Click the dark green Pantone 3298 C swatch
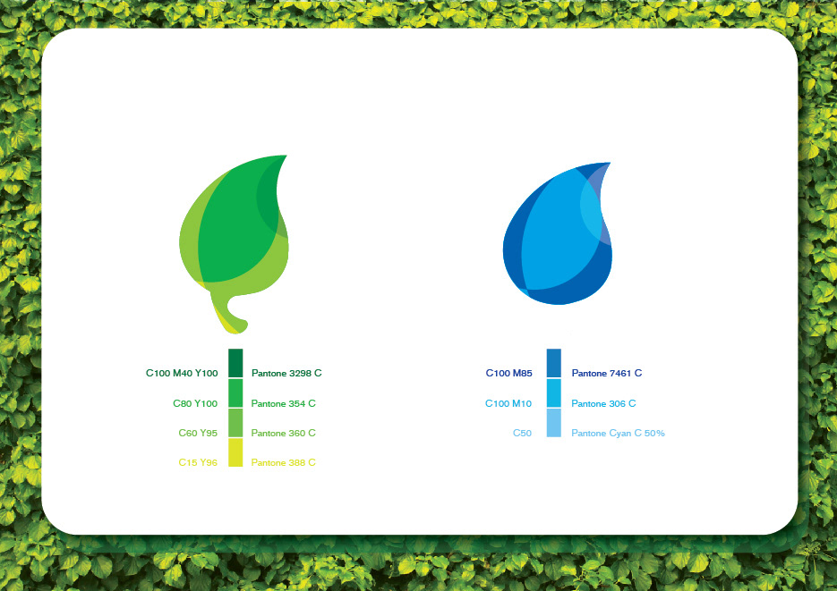click(x=235, y=363)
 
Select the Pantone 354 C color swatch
click(x=235, y=393)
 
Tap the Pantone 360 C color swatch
click(x=235, y=423)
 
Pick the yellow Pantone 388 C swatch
click(x=235, y=452)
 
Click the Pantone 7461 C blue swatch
click(x=554, y=363)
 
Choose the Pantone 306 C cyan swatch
click(x=554, y=393)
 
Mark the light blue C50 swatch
click(x=554, y=423)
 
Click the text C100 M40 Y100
click(x=182, y=373)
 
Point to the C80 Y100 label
click(x=195, y=403)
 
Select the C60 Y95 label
click(x=198, y=434)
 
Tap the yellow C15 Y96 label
click(x=198, y=462)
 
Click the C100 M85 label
click(x=508, y=373)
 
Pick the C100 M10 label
click(x=508, y=403)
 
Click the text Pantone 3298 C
click(x=286, y=373)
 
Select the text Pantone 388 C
click(x=284, y=462)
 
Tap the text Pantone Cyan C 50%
click(x=619, y=434)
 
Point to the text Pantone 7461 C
click(x=607, y=373)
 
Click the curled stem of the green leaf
click(x=229, y=315)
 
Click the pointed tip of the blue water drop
click(x=610, y=163)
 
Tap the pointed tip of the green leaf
click(x=286, y=156)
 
